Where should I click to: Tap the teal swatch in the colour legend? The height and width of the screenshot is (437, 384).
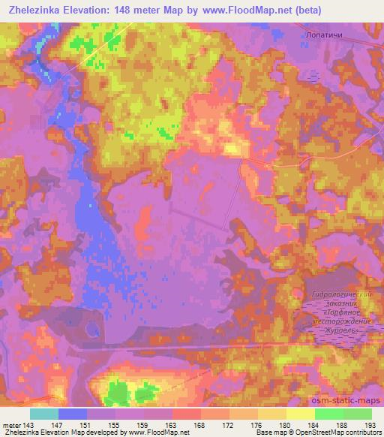[x=44, y=414]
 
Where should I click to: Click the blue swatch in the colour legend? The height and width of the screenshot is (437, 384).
[x=73, y=414]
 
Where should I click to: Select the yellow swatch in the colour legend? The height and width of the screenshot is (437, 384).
[x=300, y=414]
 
